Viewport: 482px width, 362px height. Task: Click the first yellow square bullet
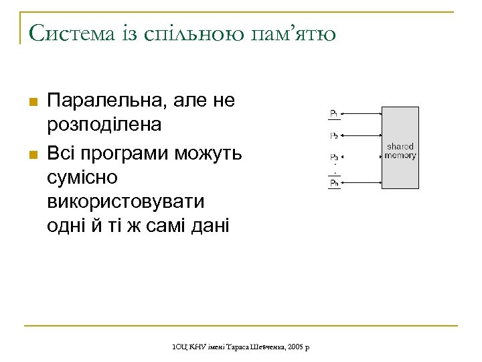31,101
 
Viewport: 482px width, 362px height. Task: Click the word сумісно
82,178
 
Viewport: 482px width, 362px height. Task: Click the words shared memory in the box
400,151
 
